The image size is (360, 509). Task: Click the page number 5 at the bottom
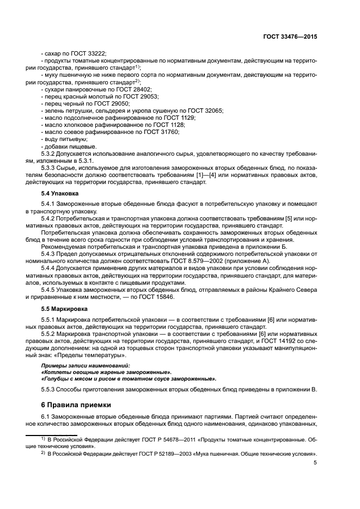(x=315, y=463)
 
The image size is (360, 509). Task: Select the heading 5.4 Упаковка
(x=60, y=193)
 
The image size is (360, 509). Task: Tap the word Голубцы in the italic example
(x=58, y=378)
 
